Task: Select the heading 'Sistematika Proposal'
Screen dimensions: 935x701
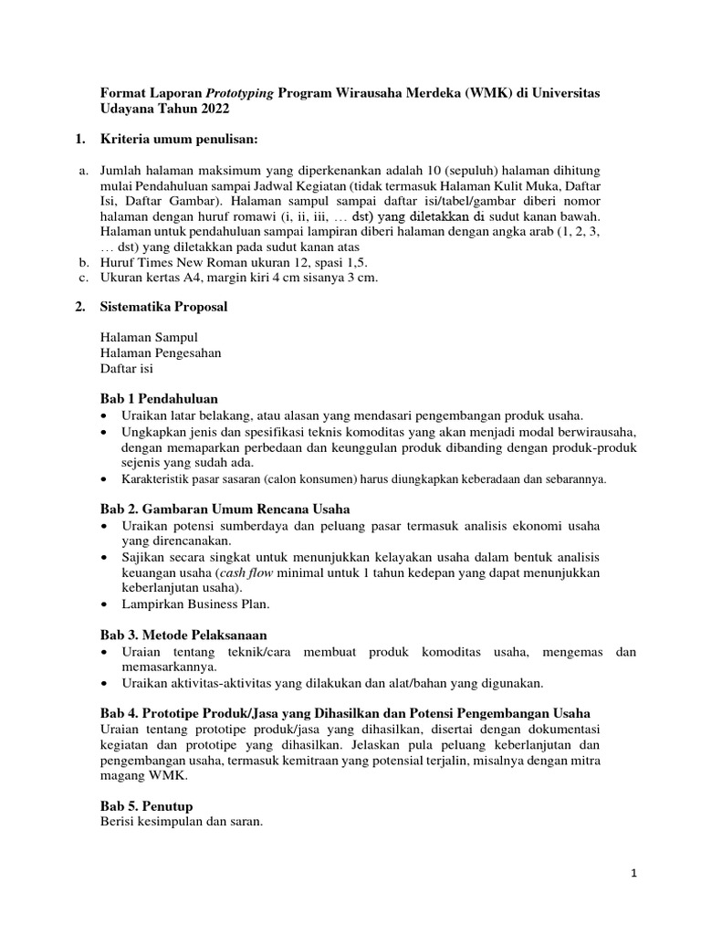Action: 163,308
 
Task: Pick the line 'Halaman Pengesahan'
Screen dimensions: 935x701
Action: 160,353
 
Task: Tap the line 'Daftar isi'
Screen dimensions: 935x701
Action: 127,369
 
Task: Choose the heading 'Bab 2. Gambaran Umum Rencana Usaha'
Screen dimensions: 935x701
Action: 224,509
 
